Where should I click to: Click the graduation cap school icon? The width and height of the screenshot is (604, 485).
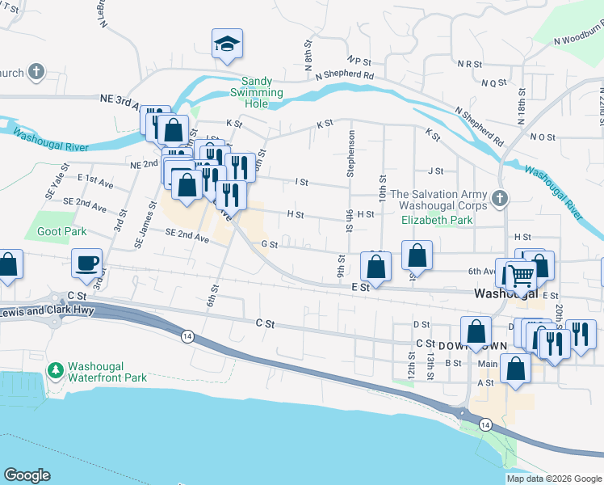(x=228, y=44)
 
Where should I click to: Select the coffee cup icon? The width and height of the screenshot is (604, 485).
(x=87, y=262)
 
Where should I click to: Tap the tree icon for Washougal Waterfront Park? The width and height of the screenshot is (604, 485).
(x=56, y=370)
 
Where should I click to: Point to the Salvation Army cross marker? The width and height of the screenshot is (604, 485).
(x=500, y=197)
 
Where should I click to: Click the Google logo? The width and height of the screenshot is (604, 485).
(x=27, y=475)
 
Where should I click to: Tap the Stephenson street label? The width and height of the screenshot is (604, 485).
(x=350, y=154)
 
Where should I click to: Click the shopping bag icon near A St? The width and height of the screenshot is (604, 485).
(x=515, y=368)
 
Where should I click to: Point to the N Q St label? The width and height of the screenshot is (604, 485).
(x=493, y=82)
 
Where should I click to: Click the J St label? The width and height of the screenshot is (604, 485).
(x=436, y=171)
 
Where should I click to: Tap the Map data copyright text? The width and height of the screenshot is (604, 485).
(x=554, y=479)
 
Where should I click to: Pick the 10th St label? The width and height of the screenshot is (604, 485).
(x=381, y=188)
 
